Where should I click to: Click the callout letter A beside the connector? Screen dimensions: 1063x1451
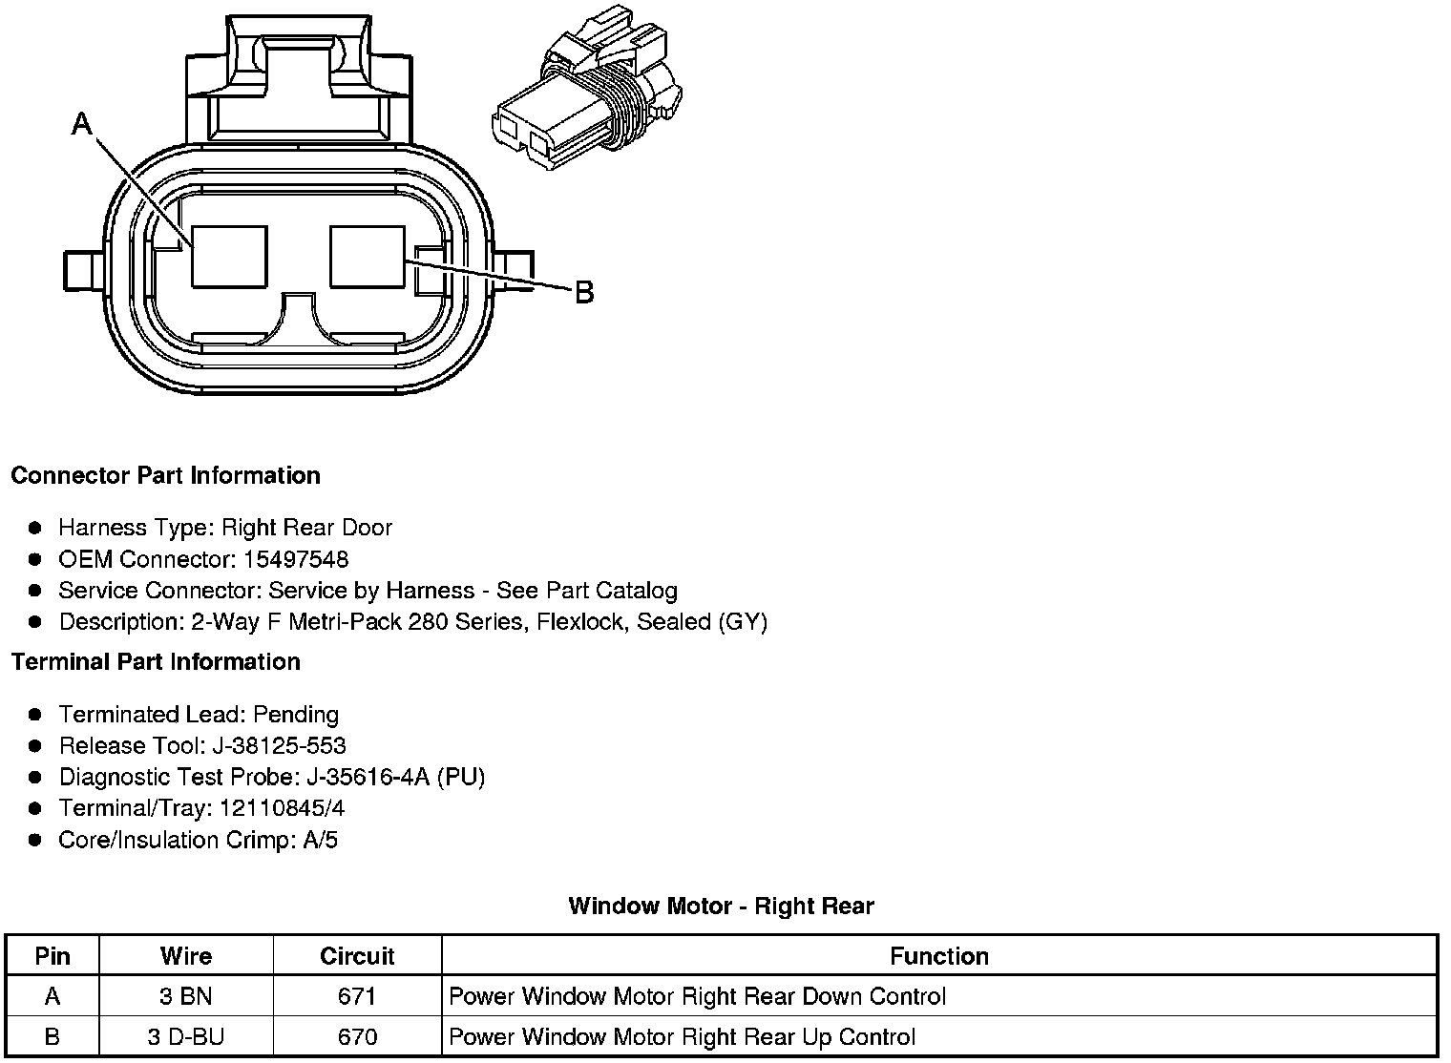click(x=82, y=123)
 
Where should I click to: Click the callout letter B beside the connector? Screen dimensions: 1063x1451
click(x=584, y=292)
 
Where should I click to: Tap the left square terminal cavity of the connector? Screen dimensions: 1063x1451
click(x=229, y=257)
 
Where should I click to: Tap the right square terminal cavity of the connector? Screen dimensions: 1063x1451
click(x=368, y=257)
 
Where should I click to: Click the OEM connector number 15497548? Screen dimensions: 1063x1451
click(x=296, y=559)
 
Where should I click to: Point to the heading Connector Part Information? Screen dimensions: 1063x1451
click(x=165, y=475)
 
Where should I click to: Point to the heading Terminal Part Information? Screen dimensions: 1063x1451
click(x=156, y=661)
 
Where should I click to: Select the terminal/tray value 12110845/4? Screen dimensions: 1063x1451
click(x=282, y=808)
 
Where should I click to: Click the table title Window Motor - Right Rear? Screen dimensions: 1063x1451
click(x=721, y=906)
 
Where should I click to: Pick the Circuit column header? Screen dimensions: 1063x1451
click(x=357, y=956)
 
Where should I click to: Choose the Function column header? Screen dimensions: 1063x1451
click(x=939, y=956)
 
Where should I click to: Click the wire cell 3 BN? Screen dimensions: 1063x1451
click(x=186, y=997)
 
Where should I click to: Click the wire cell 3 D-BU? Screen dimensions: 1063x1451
click(x=186, y=1037)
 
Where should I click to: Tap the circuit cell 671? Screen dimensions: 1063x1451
click(x=357, y=997)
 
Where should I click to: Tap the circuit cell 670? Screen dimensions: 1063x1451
click(x=357, y=1037)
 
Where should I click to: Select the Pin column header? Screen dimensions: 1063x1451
click(x=53, y=956)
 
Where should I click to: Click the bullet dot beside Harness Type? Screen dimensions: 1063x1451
click(x=35, y=528)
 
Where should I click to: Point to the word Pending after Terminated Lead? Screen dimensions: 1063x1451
click(x=296, y=715)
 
